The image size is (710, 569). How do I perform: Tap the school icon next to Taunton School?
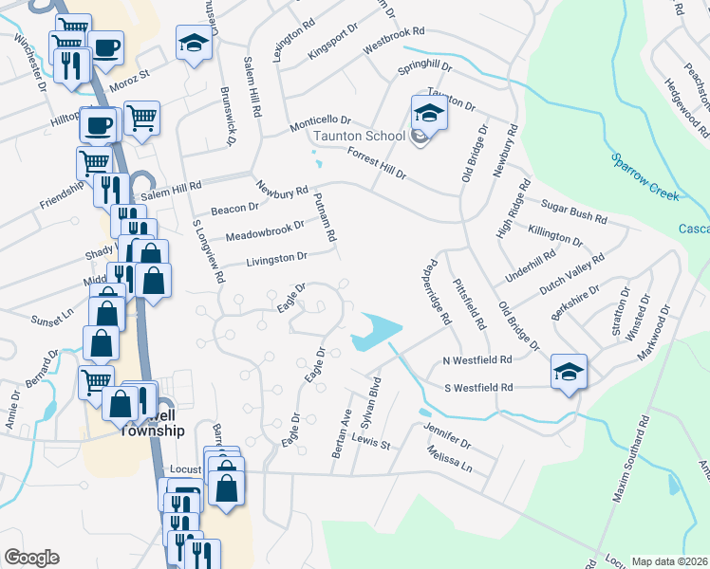[x=428, y=116]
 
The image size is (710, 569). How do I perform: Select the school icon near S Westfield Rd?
[x=568, y=371]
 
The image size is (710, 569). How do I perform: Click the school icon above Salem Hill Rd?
[x=194, y=44]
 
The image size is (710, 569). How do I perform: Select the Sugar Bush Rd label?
[x=573, y=211]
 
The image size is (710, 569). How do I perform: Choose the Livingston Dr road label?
[x=277, y=257]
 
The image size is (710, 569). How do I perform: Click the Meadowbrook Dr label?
[x=265, y=230]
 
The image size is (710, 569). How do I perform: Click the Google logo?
[x=32, y=558]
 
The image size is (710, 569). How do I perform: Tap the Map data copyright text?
[x=668, y=561]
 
